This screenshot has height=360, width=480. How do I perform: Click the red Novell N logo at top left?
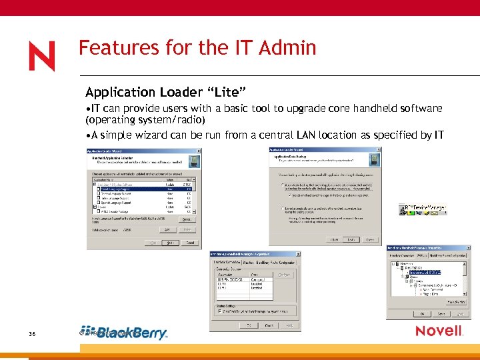click(x=41, y=56)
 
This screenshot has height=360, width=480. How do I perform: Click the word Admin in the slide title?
click(x=285, y=48)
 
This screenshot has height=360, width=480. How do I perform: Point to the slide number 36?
click(x=32, y=333)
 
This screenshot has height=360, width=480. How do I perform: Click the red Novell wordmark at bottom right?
click(x=439, y=331)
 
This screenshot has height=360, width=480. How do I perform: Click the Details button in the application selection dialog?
click(x=187, y=219)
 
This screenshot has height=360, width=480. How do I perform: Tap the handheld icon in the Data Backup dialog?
click(x=376, y=159)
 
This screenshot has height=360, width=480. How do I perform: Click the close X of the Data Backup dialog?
click(x=380, y=149)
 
